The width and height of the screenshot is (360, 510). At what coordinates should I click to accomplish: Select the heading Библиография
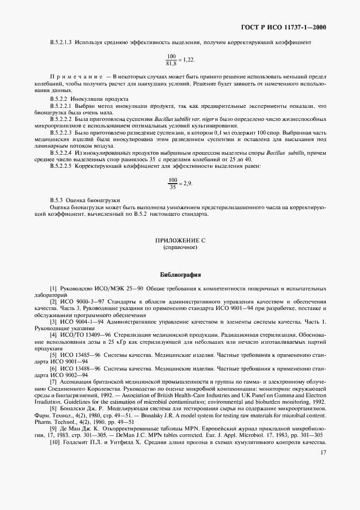coord(180,274)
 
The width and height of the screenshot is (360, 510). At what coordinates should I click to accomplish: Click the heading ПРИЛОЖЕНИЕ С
coord(180,240)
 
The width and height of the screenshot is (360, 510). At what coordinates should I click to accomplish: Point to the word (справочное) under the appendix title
coord(180,247)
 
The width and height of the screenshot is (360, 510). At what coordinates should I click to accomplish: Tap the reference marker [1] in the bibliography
coord(53,287)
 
